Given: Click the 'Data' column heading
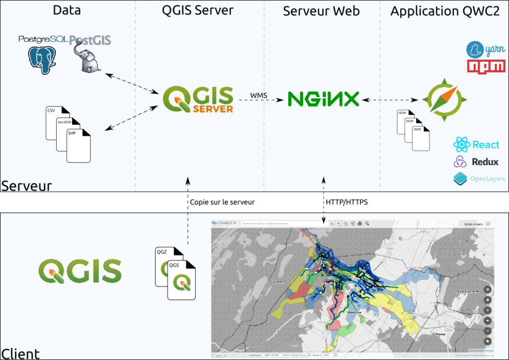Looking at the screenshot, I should coord(67,11).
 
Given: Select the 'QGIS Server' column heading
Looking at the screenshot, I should coord(198,11).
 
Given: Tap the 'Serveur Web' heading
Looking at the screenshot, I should coord(321,11).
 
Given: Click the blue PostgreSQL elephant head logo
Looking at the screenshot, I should coord(42,59).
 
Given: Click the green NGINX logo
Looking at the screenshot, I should coord(324,98).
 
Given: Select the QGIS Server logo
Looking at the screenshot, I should coord(198,99).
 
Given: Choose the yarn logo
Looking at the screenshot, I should coord(485,50).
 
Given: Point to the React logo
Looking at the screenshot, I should coord(476,145).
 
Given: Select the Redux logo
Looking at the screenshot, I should coord(476,162).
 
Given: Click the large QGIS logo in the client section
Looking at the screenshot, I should coord(80,271).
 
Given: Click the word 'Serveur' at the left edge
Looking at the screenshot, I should coord(26,186).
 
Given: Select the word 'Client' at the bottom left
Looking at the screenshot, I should coord(20,354).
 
